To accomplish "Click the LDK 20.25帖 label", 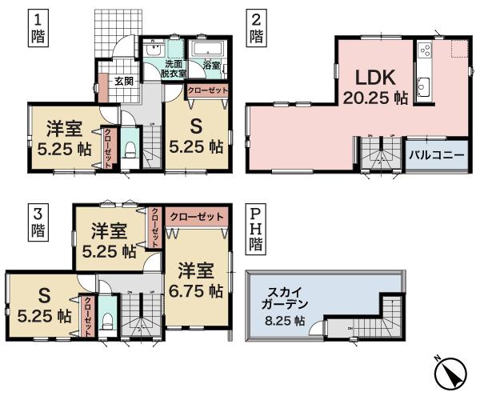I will pyautogui.click(x=373, y=88).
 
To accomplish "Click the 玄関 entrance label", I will pyautogui.click(x=123, y=80).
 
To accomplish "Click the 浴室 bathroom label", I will pyautogui.click(x=211, y=65).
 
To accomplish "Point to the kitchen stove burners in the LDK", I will pyautogui.click(x=425, y=54).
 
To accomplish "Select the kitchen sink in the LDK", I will pyautogui.click(x=426, y=86).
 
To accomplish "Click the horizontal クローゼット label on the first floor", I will pyautogui.click(x=207, y=90).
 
